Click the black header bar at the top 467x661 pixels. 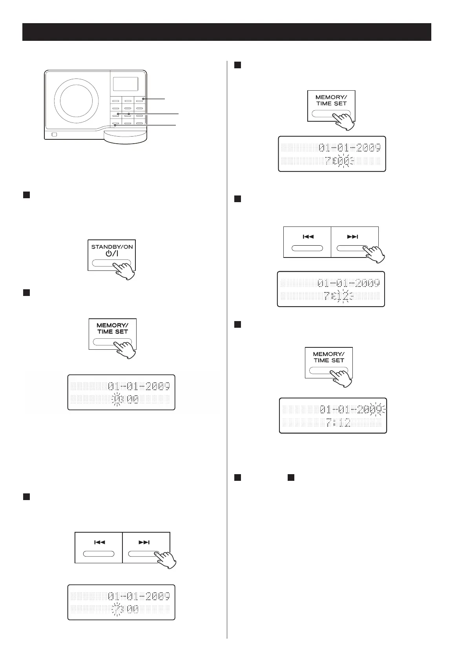tap(226, 32)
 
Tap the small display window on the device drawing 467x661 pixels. tap(126, 84)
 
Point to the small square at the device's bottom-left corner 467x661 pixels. tap(54, 135)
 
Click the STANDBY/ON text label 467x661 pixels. tap(112, 247)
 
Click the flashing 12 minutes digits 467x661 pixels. tap(343, 296)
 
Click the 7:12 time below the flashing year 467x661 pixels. tap(338, 423)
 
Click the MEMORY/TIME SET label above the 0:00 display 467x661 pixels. tap(113, 329)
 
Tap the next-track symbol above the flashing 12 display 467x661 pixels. tap(352, 237)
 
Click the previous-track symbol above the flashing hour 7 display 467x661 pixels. tap(99, 542)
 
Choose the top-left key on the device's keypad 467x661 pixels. tap(116, 100)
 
